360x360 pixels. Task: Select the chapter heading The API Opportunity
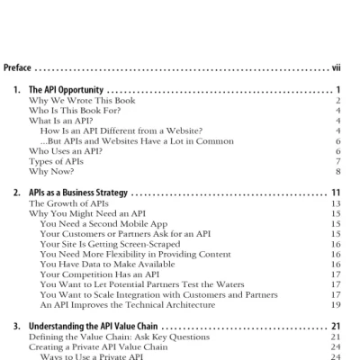(x=66, y=90)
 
